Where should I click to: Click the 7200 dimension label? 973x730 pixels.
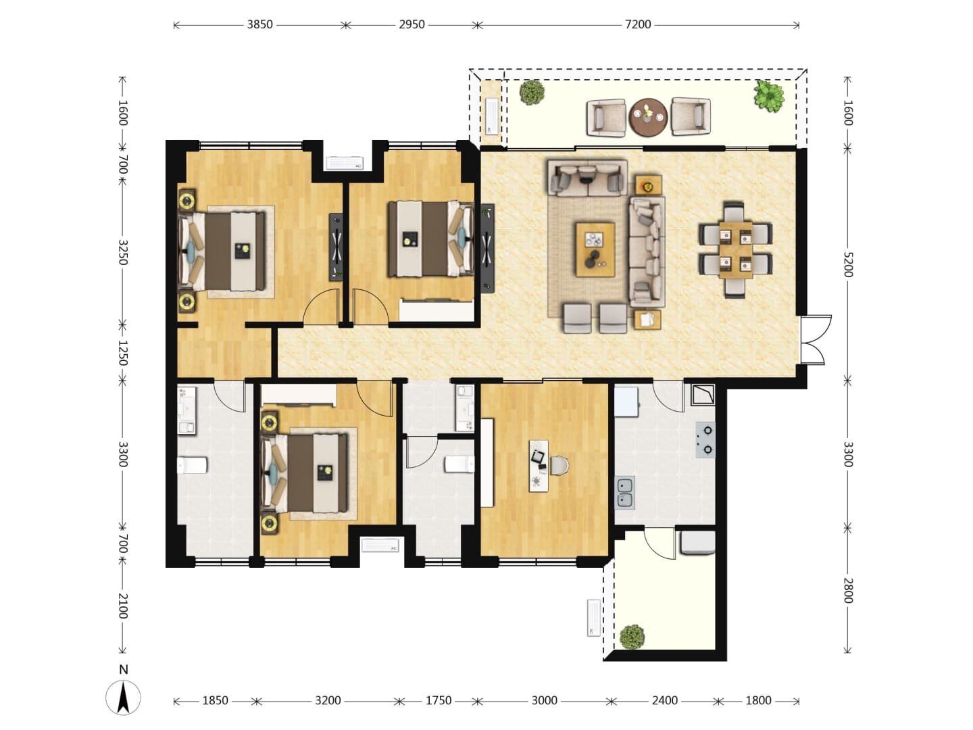638,25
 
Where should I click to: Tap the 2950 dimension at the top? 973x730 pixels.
411,25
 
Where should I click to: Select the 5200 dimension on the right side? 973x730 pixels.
847,264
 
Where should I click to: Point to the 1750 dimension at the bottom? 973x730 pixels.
439,701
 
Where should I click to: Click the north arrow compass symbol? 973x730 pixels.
123,698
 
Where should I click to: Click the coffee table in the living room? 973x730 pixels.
595,249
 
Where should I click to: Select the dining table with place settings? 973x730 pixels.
736,250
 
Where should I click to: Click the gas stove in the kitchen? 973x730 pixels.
705,440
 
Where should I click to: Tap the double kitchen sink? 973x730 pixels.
625,493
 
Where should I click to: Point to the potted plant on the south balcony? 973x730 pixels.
632,637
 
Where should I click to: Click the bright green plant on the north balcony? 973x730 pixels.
770,96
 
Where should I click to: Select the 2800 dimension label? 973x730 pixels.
847,591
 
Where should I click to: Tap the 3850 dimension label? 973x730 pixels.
259,25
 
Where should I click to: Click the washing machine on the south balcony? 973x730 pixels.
697,543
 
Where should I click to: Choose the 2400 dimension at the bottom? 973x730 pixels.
664,701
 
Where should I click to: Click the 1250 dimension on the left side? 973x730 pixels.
123,353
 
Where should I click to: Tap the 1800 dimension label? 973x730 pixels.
758,701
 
